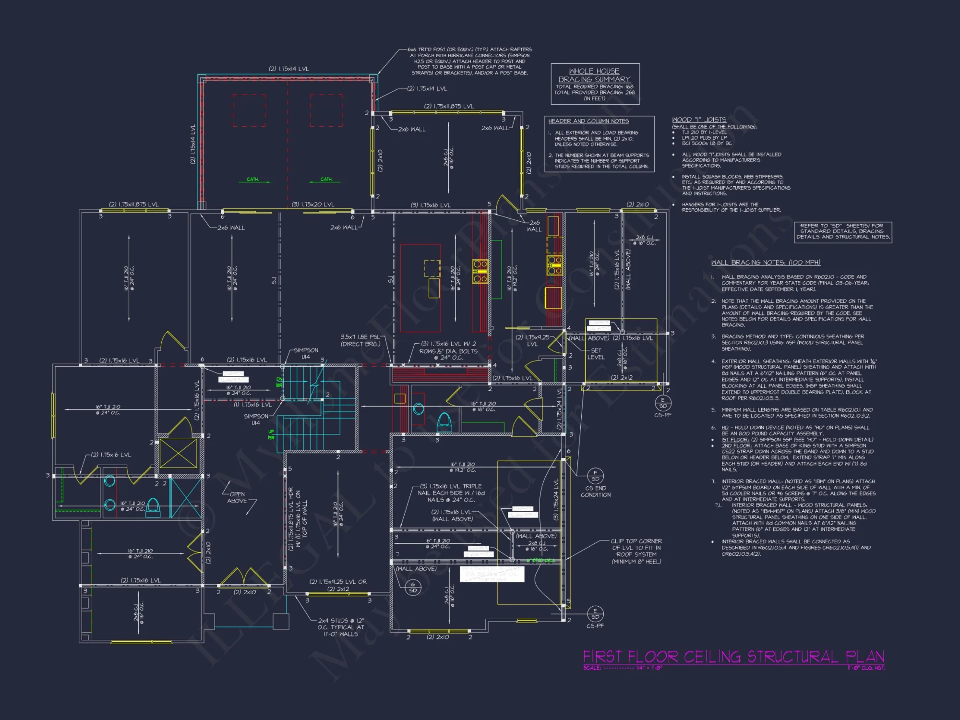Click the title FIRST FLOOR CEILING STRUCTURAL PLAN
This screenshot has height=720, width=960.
point(733,656)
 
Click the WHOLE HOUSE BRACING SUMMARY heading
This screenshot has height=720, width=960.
point(594,75)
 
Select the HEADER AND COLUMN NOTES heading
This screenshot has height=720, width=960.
point(588,121)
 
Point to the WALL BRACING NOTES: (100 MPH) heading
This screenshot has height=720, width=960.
point(766,263)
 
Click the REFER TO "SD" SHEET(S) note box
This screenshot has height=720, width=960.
point(843,231)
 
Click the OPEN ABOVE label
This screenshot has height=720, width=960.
point(237,497)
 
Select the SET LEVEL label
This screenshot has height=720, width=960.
point(596,354)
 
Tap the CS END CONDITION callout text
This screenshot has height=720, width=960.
point(596,492)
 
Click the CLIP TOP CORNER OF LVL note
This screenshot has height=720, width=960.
point(636,551)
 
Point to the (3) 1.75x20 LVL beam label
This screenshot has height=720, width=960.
point(313,205)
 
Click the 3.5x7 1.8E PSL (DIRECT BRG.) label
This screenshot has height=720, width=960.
point(360,340)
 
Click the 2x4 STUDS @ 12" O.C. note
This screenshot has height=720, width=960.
point(341,627)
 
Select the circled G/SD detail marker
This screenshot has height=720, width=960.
point(413,588)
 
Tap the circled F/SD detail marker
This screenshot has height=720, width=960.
point(595,476)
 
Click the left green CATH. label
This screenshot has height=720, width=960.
point(252,179)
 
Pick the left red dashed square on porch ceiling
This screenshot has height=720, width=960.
point(249,110)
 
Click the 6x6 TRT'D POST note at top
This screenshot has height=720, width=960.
point(469,61)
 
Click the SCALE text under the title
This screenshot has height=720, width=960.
point(623,668)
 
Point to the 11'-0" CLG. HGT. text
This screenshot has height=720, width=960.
point(866,668)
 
